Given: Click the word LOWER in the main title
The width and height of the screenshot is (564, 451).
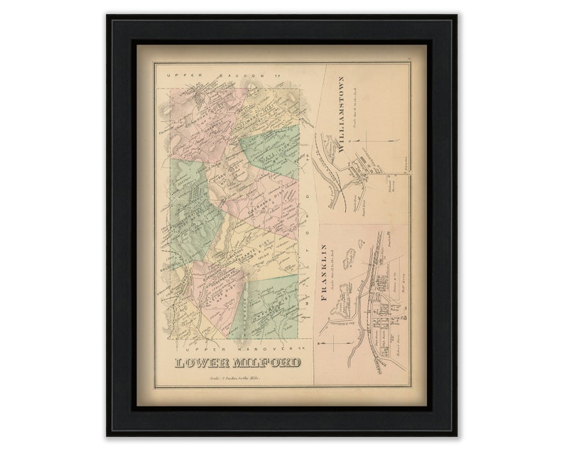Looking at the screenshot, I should [202, 363].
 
